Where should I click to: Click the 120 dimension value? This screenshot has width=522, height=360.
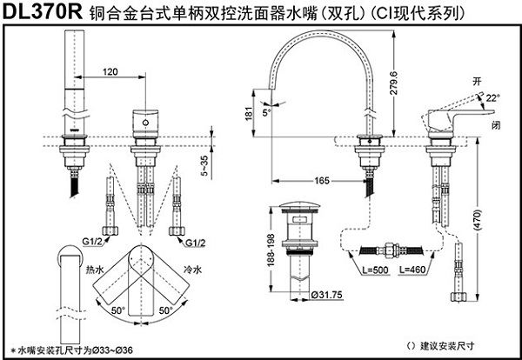pos(110,71)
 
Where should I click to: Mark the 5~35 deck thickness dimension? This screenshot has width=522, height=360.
pos(228,162)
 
